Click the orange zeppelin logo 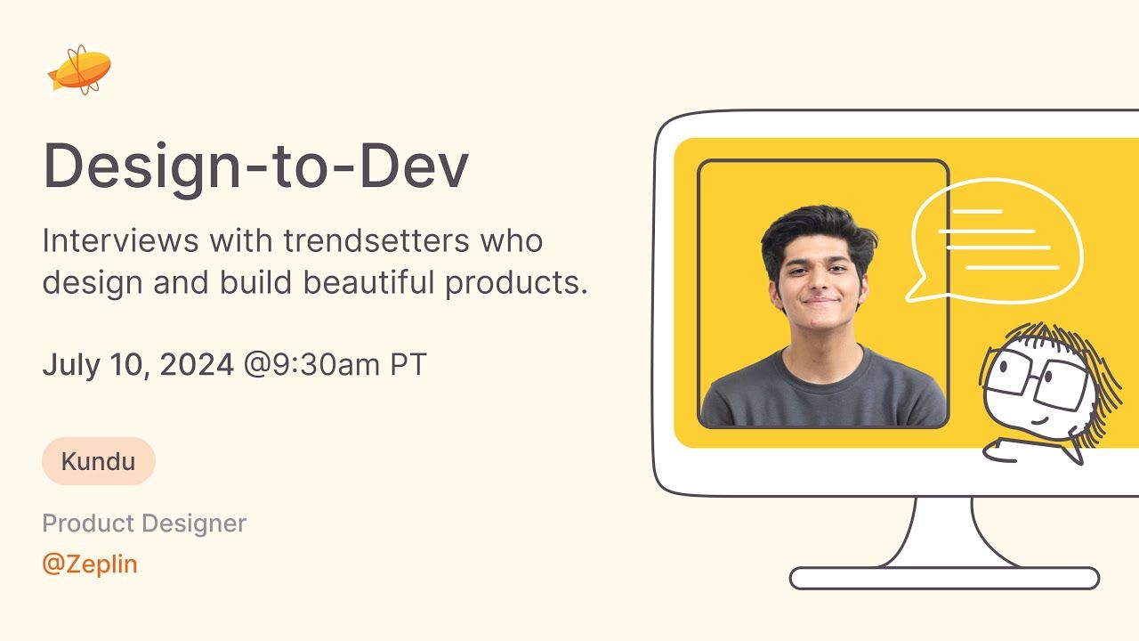80,69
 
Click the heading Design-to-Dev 255,166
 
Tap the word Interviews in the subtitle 121,240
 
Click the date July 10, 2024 138,364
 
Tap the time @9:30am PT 335,364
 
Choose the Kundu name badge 99,461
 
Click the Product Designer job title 144,523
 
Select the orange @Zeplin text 90,564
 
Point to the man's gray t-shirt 823,392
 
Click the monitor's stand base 944,578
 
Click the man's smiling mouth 820,300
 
